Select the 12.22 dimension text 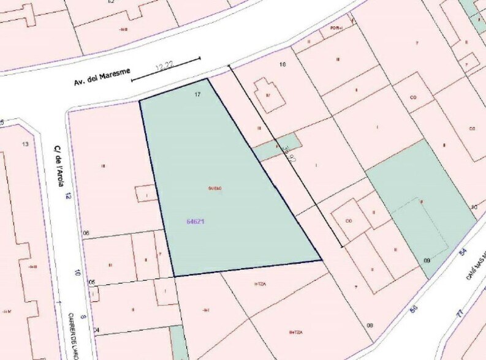(x=164, y=64)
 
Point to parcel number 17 (x=197, y=94)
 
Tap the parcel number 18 (x=283, y=64)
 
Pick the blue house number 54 (x=463, y=252)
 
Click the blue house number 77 (x=459, y=313)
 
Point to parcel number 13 (x=25, y=144)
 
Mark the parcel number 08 (x=370, y=325)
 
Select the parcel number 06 (x=86, y=233)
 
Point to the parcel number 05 (x=92, y=282)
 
